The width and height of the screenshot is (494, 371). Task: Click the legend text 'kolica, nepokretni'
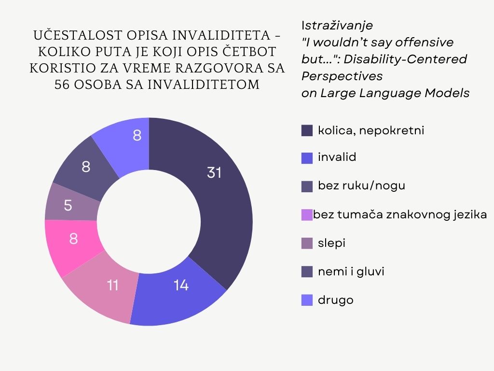point(371,130)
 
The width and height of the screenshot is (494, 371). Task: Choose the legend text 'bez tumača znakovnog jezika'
point(400,214)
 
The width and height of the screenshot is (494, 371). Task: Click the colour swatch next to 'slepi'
point(307,243)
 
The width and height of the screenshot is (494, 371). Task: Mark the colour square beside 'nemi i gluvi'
point(307,272)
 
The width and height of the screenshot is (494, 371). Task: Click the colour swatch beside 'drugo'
point(307,300)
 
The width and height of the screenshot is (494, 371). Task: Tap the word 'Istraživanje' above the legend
point(337,25)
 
